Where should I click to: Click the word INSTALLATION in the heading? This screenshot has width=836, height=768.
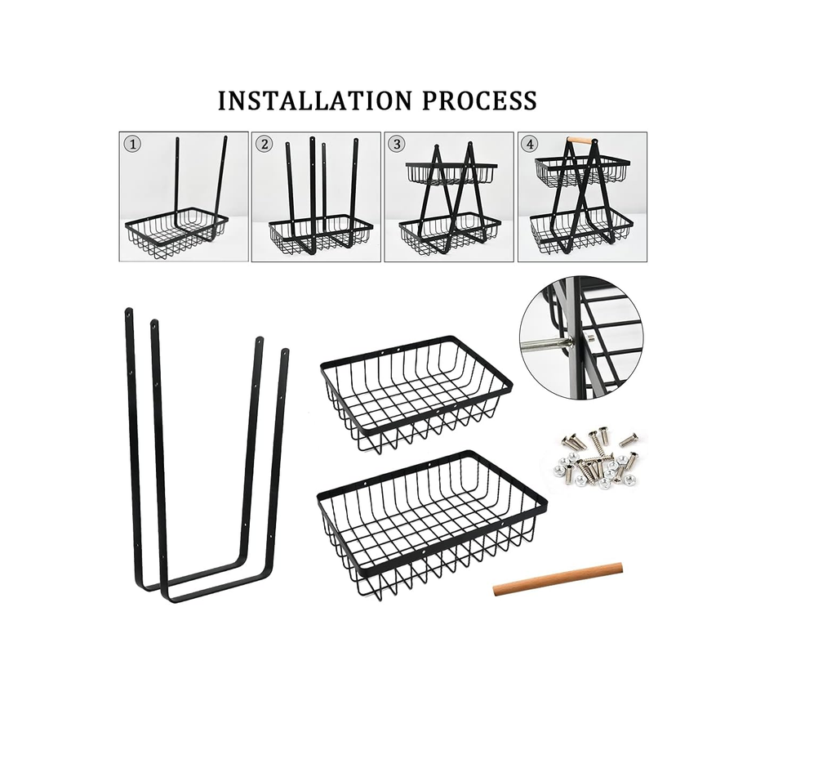pos(315,100)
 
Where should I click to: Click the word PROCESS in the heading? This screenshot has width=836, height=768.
pos(479,100)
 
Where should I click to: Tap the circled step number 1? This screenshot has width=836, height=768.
pos(132,144)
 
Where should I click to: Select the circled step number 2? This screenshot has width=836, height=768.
pos(264,144)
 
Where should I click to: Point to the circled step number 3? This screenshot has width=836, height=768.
pos(396,144)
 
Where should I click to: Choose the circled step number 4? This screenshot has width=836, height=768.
pos(529,144)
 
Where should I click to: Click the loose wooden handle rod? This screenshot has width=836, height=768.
pos(558,579)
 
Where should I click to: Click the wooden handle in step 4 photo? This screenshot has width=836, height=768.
pos(581,141)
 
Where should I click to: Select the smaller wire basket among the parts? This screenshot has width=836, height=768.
pos(416,395)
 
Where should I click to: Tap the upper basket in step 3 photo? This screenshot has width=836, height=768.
pos(451,173)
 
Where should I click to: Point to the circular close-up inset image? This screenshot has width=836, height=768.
pos(581,337)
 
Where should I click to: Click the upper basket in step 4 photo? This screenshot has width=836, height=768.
pos(582,171)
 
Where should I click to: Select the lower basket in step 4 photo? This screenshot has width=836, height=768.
pos(581,230)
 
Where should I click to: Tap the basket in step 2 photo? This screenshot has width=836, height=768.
pos(320,234)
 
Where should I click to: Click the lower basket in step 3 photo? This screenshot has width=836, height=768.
pos(451,232)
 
